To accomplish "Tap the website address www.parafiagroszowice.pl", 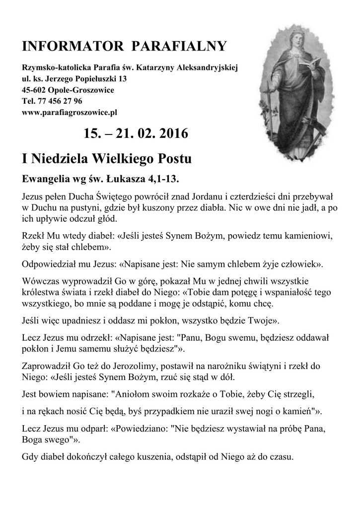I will coord(70,113).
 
